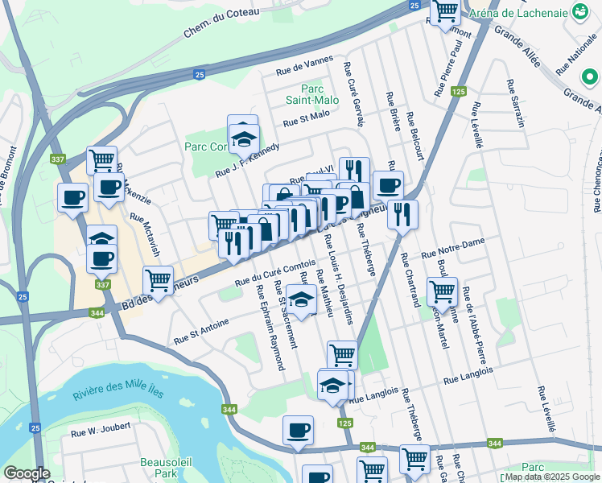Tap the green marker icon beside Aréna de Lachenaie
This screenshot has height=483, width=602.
point(579,13)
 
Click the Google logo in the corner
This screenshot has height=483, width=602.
point(27,474)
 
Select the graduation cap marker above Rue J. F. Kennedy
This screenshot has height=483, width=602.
point(244,138)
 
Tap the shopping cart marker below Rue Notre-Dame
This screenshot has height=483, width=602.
point(442,291)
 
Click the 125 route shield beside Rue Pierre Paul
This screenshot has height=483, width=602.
point(459,93)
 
